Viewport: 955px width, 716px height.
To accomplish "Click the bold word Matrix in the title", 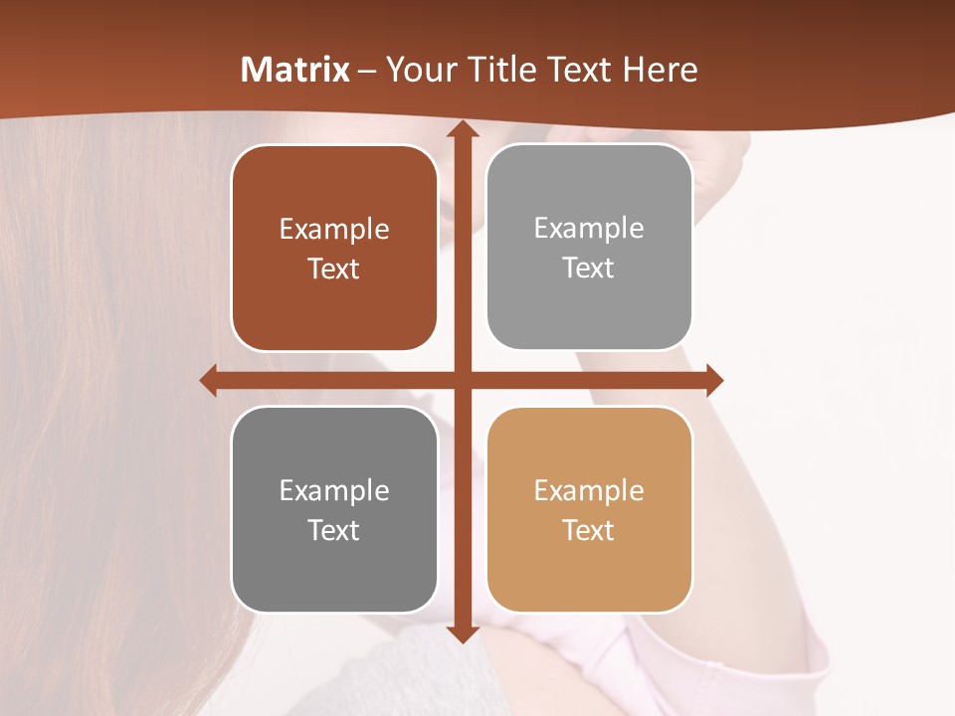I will [x=295, y=70].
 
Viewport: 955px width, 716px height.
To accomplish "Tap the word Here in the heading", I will [x=661, y=70].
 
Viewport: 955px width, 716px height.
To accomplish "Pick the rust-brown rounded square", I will [x=334, y=248].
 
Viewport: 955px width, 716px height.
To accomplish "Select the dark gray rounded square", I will [x=334, y=509].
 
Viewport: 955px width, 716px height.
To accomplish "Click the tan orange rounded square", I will [x=589, y=509].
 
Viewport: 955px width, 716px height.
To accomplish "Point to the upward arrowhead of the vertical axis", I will [x=462, y=129].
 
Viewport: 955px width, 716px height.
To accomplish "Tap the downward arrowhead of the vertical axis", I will [x=462, y=633].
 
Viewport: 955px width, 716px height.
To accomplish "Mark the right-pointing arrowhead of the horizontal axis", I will [x=714, y=380].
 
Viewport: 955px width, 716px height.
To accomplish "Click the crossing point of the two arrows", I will [x=462, y=380].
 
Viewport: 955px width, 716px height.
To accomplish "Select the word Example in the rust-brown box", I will [x=334, y=230].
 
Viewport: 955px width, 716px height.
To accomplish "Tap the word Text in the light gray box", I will [x=589, y=268].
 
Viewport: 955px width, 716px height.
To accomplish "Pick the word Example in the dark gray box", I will [x=334, y=490].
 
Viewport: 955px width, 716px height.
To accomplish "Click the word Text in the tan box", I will [x=589, y=530].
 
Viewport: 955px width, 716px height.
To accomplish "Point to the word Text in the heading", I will [x=579, y=70].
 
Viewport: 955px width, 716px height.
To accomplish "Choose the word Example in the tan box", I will [x=589, y=490].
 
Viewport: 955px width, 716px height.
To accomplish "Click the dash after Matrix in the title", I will [x=368, y=70].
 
